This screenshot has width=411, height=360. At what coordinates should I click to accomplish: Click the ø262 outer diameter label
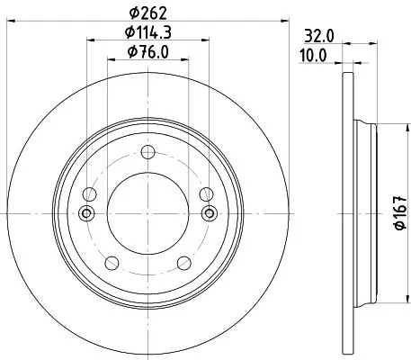[148, 13]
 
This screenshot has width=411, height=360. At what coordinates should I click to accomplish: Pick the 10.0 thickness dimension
[313, 57]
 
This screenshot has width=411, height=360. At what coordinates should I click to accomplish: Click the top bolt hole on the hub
[147, 150]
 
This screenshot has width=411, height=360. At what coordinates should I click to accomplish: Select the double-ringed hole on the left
[86, 213]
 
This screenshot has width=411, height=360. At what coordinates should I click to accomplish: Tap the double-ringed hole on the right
[210, 213]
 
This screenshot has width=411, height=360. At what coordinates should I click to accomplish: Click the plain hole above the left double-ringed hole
[90, 193]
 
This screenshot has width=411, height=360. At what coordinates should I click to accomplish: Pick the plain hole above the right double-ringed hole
[206, 193]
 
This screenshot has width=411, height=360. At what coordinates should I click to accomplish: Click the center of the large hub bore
[147, 213]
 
